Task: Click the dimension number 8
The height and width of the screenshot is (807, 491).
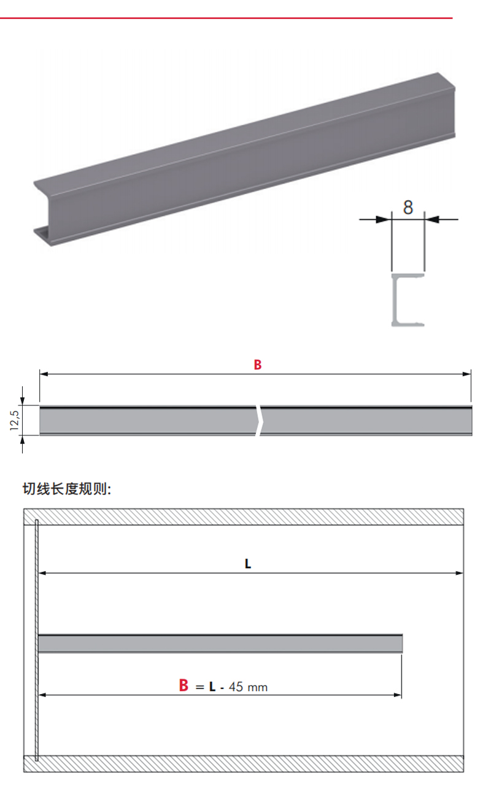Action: pyautogui.click(x=408, y=207)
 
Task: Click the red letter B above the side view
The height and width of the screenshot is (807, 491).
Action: pyautogui.click(x=258, y=365)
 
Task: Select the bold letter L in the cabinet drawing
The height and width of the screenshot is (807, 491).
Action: pyautogui.click(x=248, y=563)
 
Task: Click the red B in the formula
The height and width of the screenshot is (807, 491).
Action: pyautogui.click(x=184, y=685)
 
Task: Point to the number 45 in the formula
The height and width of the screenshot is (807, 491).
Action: pyautogui.click(x=236, y=687)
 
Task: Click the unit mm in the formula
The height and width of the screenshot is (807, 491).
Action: pyautogui.click(x=257, y=687)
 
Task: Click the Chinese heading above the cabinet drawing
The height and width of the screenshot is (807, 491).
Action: pyautogui.click(x=67, y=489)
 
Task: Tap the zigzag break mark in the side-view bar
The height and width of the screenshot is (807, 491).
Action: pyautogui.click(x=260, y=421)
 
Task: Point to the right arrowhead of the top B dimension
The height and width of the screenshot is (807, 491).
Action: pyautogui.click(x=467, y=373)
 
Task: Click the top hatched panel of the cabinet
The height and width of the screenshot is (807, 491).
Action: pyautogui.click(x=245, y=517)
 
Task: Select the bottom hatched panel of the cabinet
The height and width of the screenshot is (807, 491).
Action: pyautogui.click(x=245, y=764)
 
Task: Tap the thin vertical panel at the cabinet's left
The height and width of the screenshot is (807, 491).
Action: pyautogui.click(x=37, y=639)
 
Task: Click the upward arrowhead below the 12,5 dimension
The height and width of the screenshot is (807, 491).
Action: pyautogui.click(x=23, y=440)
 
